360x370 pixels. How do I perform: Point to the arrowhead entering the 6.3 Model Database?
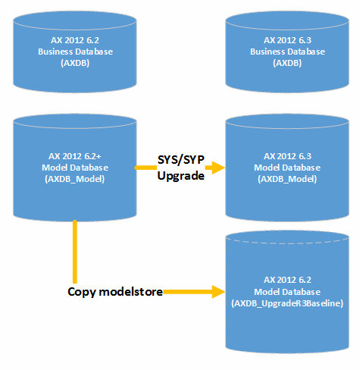tap(219, 168)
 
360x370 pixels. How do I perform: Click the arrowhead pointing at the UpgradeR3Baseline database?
tap(221, 290)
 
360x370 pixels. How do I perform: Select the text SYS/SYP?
tap(180, 161)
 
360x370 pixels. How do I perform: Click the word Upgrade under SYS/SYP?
tap(180, 175)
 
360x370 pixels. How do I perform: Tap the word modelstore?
tap(133, 291)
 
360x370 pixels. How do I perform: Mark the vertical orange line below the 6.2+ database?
tap(74, 250)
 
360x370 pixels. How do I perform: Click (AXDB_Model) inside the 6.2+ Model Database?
tap(74, 180)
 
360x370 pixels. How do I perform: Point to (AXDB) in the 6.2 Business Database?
tap(74, 64)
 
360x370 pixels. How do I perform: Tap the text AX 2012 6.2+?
tap(74, 155)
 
